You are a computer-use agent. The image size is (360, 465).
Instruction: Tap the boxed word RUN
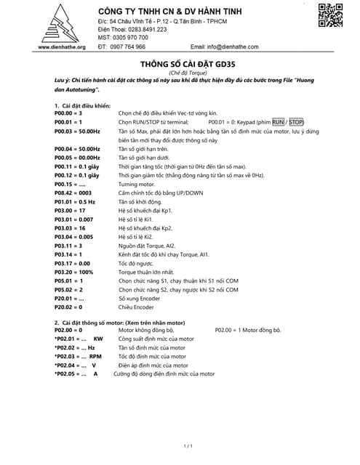279,122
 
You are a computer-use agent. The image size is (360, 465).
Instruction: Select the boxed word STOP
296,122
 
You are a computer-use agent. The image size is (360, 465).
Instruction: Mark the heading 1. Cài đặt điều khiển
82,106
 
